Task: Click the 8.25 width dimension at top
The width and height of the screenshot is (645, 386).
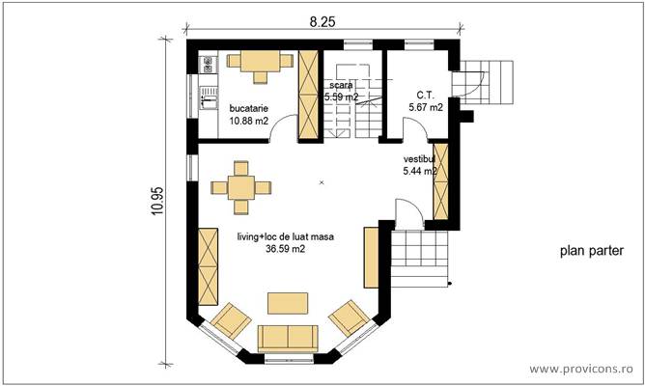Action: pyautogui.click(x=323, y=20)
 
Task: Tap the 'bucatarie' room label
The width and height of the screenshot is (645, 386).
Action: pyautogui.click(x=248, y=109)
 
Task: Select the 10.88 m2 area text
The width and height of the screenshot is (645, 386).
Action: pyautogui.click(x=248, y=122)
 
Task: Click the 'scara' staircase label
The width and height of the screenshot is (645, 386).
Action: pyautogui.click(x=342, y=85)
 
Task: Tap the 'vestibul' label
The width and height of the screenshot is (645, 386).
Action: pyautogui.click(x=420, y=157)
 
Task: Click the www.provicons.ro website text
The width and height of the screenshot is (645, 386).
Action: pyautogui.click(x=583, y=369)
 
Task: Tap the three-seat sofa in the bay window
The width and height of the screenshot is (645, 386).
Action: pyautogui.click(x=287, y=337)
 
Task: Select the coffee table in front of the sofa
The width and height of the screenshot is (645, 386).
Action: pyautogui.click(x=288, y=303)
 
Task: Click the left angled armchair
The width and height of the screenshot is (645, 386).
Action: pyautogui.click(x=231, y=319)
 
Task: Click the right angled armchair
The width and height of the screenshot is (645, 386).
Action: pyautogui.click(x=348, y=317)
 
